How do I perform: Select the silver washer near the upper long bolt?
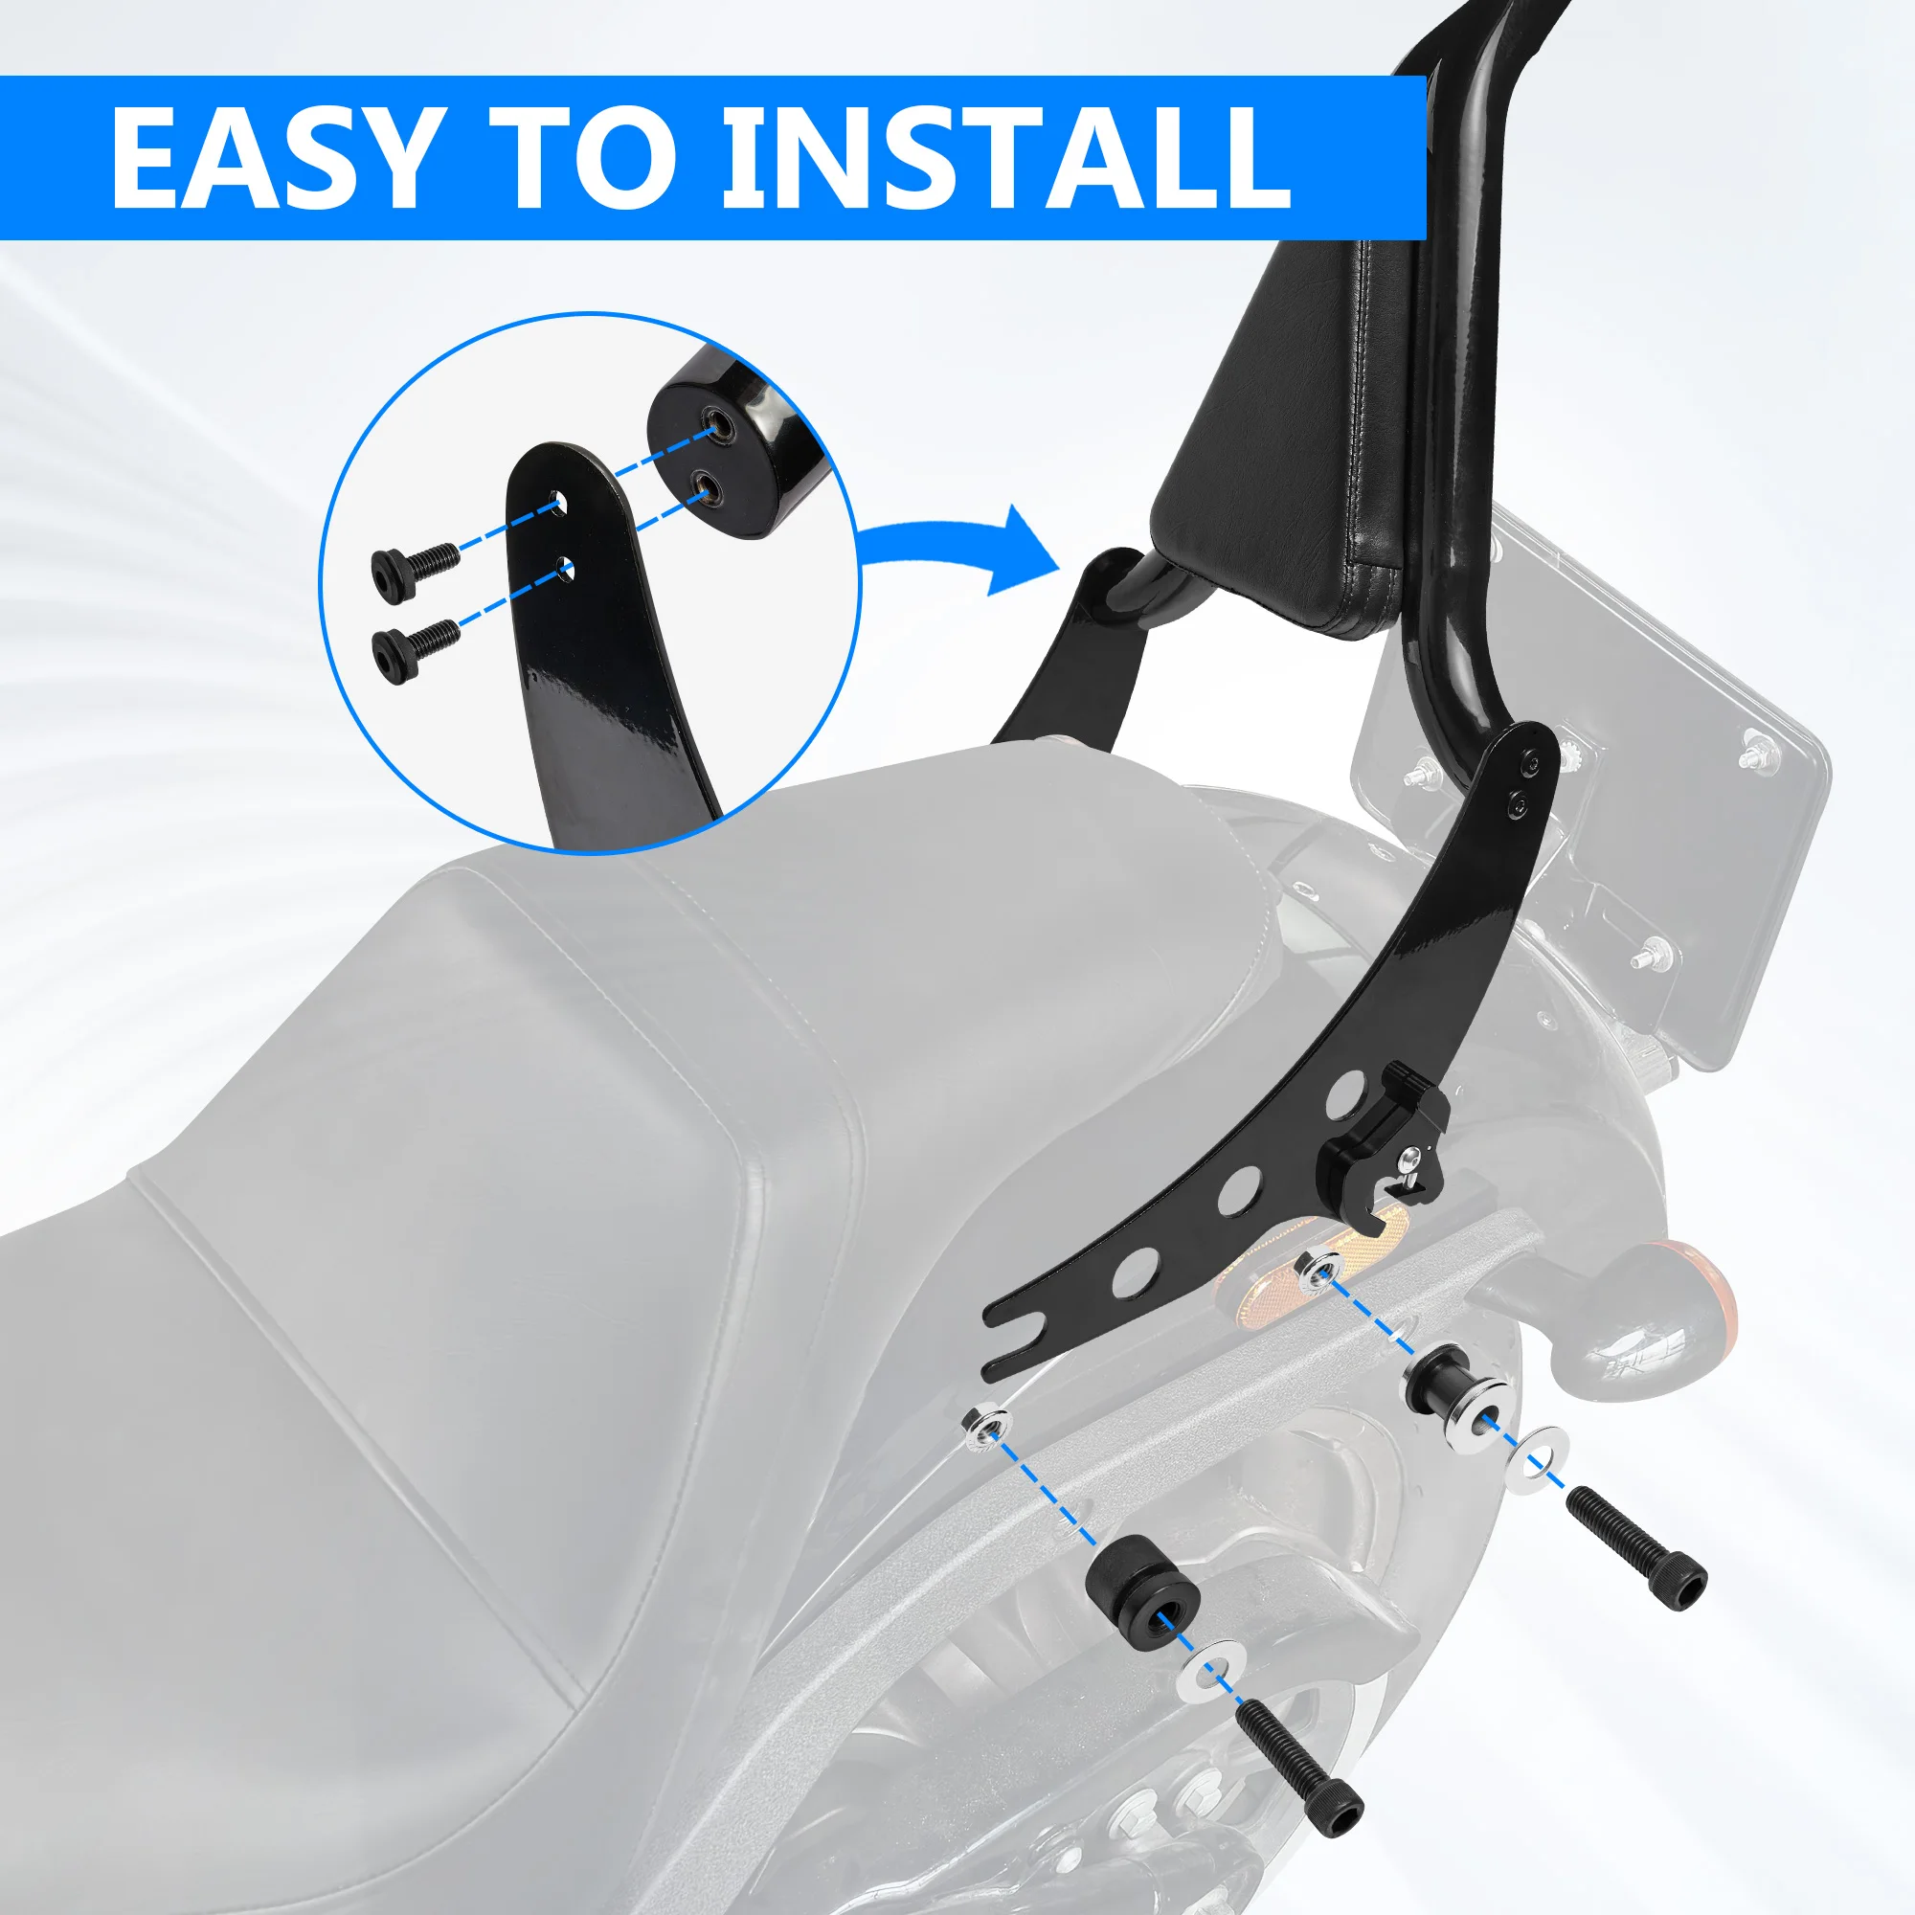tap(1537, 1453)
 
